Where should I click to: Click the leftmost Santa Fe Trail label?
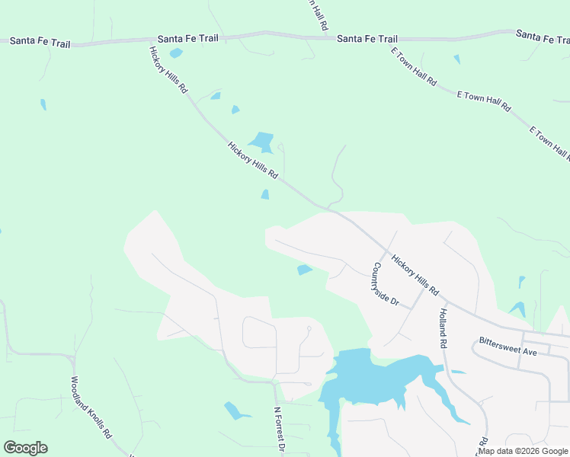tap(40, 43)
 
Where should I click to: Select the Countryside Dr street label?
tap(386, 284)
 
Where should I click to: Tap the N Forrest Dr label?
tap(279, 430)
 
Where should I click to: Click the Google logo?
tap(25, 448)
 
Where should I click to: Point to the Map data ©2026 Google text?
tap(523, 451)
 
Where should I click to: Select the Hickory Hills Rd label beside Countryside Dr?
tap(415, 275)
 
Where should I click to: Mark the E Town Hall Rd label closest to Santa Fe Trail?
tap(413, 66)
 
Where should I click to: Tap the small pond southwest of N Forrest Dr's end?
tap(236, 411)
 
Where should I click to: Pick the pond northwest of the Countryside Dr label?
tap(305, 270)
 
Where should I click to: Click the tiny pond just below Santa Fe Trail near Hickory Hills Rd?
tap(176, 53)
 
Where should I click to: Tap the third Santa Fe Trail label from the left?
tap(367, 39)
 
